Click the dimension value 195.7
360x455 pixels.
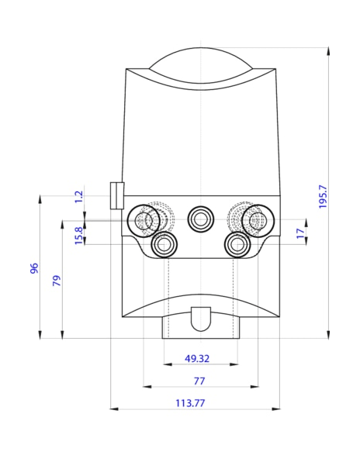point(324,195)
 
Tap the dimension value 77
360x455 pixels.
point(200,381)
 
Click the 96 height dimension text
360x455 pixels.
point(34,268)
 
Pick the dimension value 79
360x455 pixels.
point(56,280)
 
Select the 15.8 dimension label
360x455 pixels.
point(78,235)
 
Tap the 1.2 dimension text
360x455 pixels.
point(78,197)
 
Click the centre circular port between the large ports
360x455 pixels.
point(200,219)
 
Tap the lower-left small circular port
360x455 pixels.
point(164,245)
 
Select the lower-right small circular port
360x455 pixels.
point(237,245)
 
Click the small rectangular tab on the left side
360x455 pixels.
point(116,195)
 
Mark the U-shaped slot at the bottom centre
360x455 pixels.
point(200,318)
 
